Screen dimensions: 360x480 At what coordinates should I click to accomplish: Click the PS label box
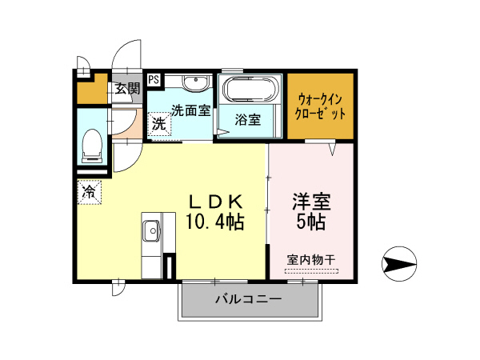coord(154,78)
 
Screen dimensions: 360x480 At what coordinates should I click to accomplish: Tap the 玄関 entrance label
coord(126,89)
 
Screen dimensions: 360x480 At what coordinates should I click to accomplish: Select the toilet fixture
coord(91,143)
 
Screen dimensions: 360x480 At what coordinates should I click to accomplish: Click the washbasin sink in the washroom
coord(194,84)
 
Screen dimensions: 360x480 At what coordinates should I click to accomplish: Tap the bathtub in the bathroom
coord(250,89)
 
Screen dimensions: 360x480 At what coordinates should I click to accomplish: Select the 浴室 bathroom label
coord(247,121)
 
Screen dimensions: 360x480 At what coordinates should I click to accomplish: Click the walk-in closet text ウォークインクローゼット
coord(321,106)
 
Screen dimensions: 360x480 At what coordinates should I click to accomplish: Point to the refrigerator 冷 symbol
coord(90,192)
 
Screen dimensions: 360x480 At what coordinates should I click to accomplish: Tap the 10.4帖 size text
coord(215,221)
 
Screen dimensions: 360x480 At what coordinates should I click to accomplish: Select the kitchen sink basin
coord(151,233)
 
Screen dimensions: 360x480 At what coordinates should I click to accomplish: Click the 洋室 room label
coord(311,200)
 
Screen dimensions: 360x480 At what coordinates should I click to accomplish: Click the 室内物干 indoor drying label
coord(311,259)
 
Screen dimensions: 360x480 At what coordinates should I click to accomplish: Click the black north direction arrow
coord(400,262)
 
